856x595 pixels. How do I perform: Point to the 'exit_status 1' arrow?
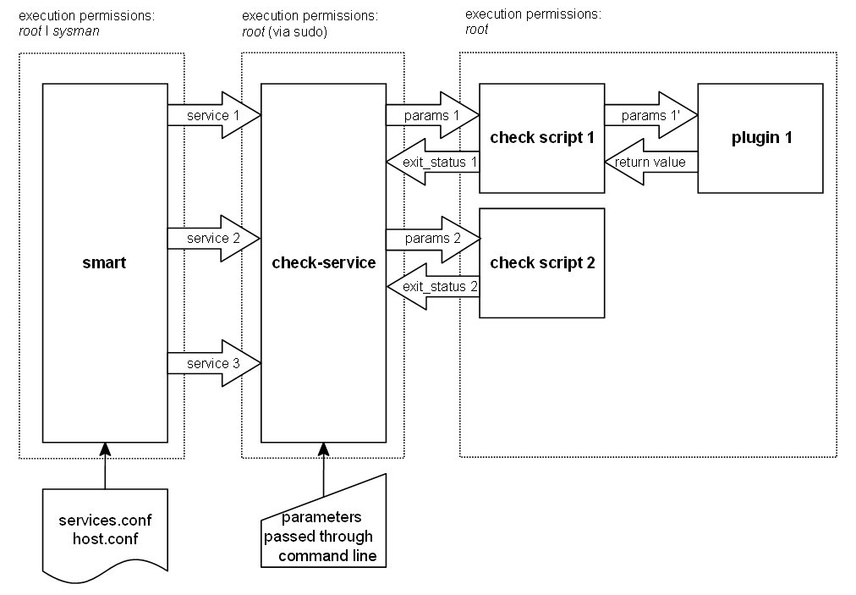point(432,162)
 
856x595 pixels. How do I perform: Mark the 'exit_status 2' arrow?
point(432,287)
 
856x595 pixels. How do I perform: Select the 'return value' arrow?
point(650,162)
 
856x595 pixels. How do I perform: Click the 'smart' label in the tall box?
point(105,263)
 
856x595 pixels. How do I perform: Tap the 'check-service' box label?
point(323,263)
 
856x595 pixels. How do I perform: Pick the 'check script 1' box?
point(542,139)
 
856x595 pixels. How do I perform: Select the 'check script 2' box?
point(542,263)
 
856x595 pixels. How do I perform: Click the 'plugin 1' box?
point(760,139)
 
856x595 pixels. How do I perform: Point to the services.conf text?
point(105,520)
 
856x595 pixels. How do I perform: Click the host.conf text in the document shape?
point(105,537)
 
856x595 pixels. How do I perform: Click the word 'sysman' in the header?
point(75,31)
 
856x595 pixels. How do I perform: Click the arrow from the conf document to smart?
point(105,465)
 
